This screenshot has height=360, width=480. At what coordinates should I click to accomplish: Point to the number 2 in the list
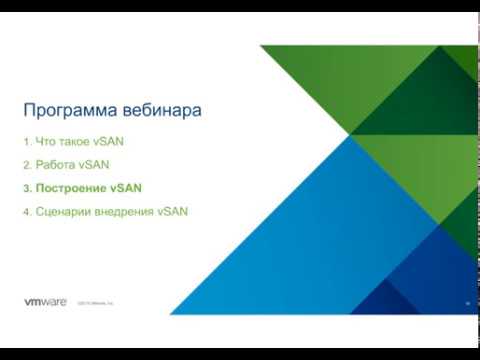tap(27, 164)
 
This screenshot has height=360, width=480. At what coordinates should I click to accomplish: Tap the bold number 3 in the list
tap(27, 188)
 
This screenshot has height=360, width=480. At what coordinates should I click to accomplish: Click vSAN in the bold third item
tap(126, 188)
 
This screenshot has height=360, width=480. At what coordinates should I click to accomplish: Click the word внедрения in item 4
tap(121, 212)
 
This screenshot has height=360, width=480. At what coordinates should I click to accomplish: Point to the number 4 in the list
tap(27, 212)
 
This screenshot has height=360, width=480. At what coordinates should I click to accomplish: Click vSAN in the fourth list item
tap(172, 212)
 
